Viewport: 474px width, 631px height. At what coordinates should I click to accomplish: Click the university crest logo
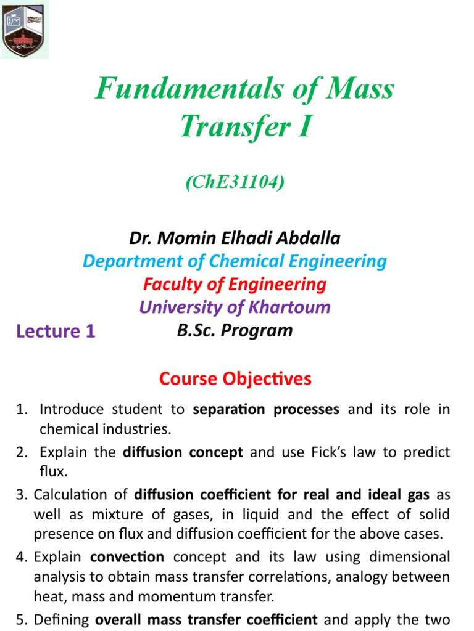click(25, 29)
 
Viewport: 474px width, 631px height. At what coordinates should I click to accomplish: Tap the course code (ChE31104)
click(235, 184)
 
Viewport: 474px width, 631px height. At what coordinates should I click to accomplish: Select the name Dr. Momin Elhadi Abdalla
click(235, 238)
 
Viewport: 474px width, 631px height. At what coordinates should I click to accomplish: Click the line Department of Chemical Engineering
click(235, 261)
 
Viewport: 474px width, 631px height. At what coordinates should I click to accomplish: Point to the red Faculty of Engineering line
click(235, 284)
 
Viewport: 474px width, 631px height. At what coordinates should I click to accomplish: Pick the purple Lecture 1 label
click(56, 332)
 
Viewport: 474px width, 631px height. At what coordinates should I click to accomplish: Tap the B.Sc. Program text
click(235, 330)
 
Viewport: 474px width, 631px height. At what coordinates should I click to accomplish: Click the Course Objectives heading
click(235, 378)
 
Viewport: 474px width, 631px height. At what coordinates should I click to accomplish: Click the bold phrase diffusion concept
click(183, 453)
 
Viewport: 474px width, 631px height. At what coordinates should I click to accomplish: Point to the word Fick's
click(349, 453)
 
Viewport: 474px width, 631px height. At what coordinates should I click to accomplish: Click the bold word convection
click(127, 557)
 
